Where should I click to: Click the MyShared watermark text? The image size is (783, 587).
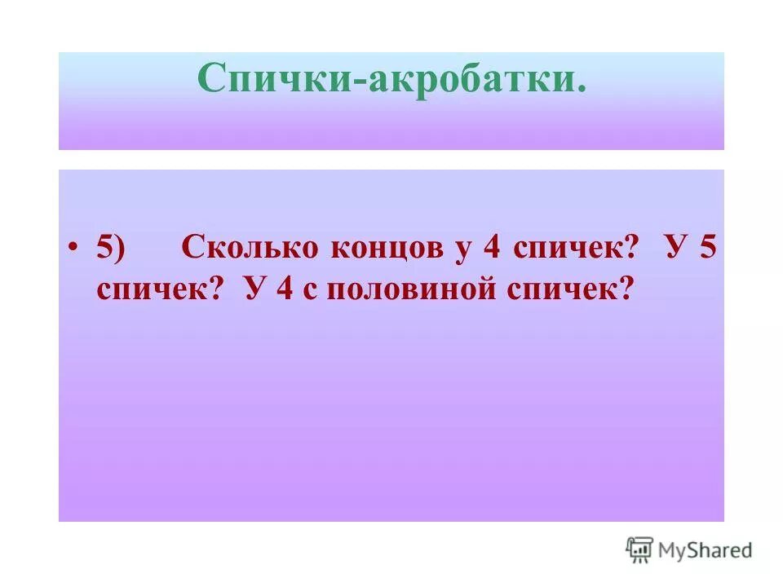706,550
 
